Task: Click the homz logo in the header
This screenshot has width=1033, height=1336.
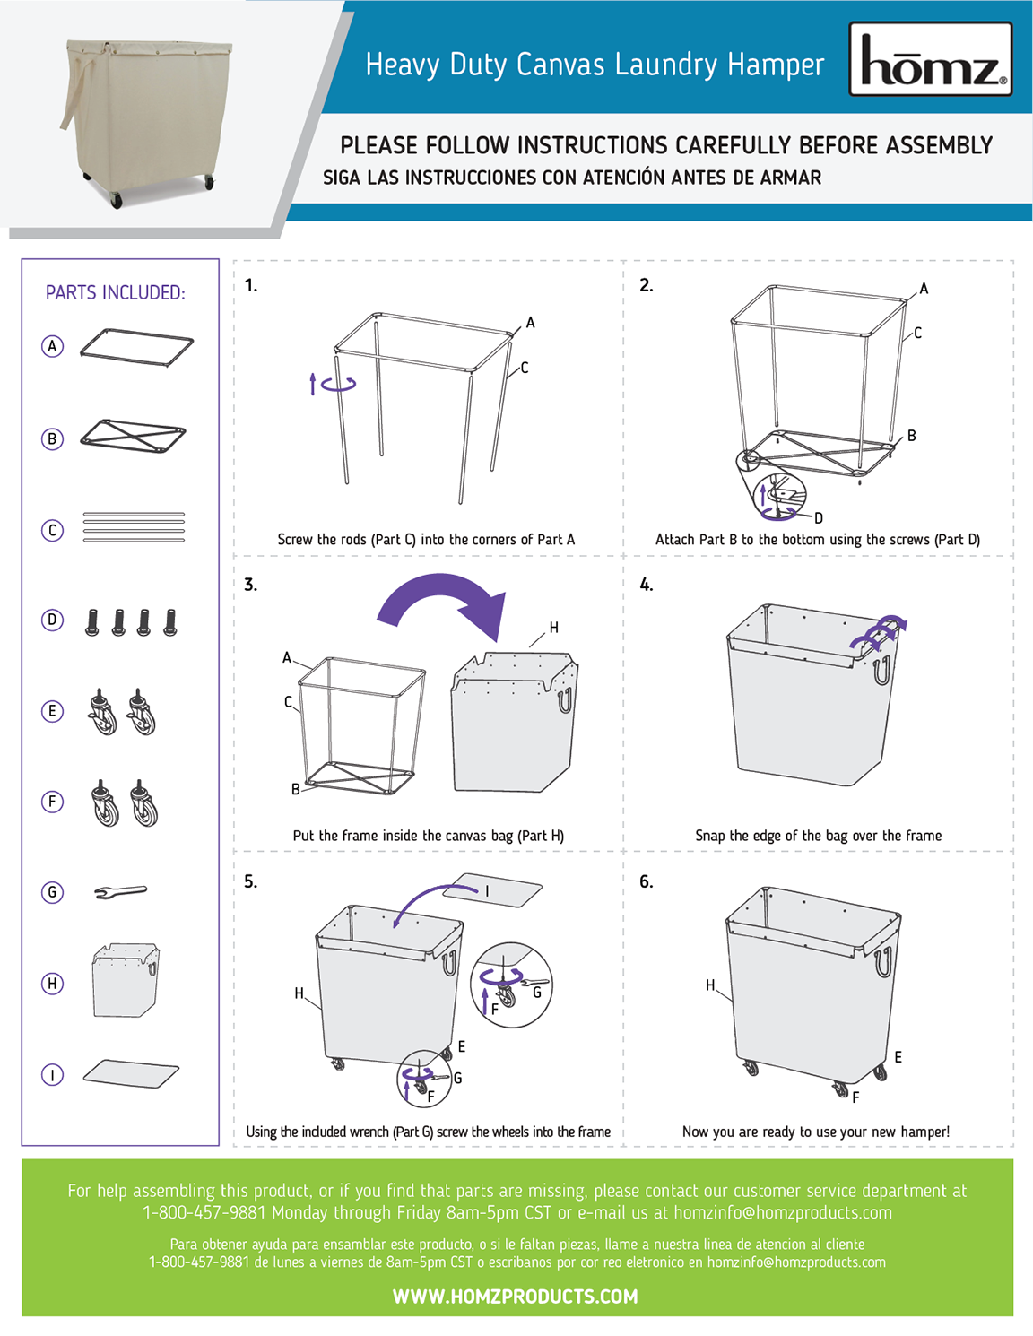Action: [x=931, y=60]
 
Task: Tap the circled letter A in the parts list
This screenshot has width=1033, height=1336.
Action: [x=53, y=346]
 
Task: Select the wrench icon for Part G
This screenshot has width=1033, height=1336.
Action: [x=120, y=891]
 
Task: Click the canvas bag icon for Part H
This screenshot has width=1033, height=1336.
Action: [x=126, y=980]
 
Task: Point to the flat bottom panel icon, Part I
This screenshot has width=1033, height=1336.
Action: [x=131, y=1073]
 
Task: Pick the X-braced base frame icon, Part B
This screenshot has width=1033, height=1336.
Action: [x=133, y=437]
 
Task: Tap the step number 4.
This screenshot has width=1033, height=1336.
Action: [x=647, y=585]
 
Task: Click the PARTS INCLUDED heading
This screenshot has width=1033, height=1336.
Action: [x=116, y=293]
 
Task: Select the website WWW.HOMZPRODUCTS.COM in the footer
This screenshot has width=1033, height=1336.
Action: [x=516, y=1297]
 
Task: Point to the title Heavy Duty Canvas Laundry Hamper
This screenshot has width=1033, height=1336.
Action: [x=595, y=65]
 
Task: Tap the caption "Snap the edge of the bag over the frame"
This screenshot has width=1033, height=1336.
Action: [x=818, y=836]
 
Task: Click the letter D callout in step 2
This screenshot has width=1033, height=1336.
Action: [x=819, y=518]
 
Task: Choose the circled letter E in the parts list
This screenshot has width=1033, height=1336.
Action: [x=53, y=711]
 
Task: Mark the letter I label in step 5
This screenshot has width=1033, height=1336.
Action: [x=488, y=891]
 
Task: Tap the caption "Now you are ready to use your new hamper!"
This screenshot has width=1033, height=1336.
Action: [x=815, y=1132]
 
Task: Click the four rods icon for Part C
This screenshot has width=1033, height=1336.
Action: [x=134, y=527]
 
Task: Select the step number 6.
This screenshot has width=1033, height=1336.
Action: [x=647, y=882]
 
